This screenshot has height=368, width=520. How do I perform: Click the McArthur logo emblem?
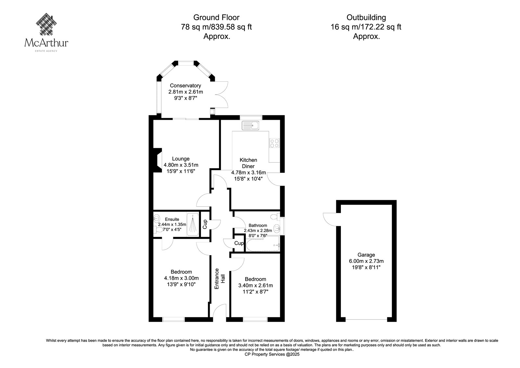click(x=46, y=24)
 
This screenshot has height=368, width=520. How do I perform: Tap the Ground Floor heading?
click(x=216, y=18)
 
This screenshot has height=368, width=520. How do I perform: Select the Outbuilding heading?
click(x=366, y=18)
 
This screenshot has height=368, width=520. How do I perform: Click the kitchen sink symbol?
click(x=251, y=126)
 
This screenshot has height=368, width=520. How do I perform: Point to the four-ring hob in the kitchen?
click(x=274, y=143)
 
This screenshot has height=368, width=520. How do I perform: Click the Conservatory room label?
click(x=185, y=86)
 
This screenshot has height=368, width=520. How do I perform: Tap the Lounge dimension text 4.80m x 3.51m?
click(x=181, y=165)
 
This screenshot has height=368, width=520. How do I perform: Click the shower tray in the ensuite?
click(x=193, y=224)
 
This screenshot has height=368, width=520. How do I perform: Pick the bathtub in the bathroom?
click(x=263, y=243)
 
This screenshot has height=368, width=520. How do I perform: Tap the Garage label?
click(x=366, y=255)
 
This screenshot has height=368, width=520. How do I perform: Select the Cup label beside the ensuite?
click(x=204, y=224)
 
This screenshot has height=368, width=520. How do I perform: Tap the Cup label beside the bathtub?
click(x=239, y=243)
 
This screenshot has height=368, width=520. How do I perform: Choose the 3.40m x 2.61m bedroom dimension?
click(x=255, y=285)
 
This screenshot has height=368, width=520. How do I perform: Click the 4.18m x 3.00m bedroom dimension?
click(x=181, y=278)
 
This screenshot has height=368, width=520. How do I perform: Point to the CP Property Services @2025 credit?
click(x=272, y=354)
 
